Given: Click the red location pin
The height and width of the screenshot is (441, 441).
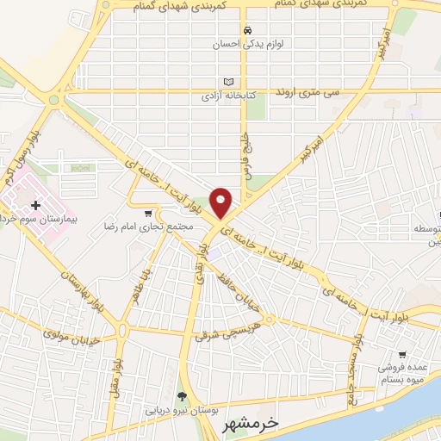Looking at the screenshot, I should coord(221,203).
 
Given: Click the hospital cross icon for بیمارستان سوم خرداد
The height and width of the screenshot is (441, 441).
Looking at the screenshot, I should coord(35,205).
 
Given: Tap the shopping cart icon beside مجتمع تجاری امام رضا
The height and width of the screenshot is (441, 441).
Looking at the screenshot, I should coord(149,213).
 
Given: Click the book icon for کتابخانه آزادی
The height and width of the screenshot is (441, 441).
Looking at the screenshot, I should coord(227,82).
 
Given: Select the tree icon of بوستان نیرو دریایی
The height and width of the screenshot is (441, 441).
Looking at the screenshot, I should coord(182,396).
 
